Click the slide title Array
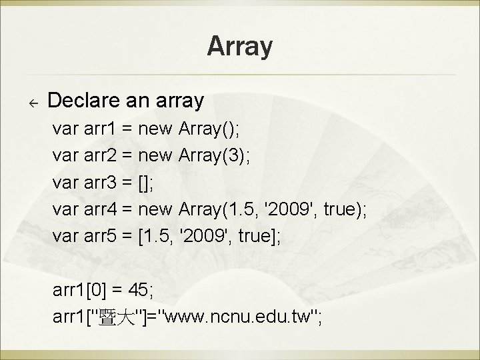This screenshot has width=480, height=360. point(239,47)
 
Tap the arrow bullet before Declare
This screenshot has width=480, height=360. point(32,103)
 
